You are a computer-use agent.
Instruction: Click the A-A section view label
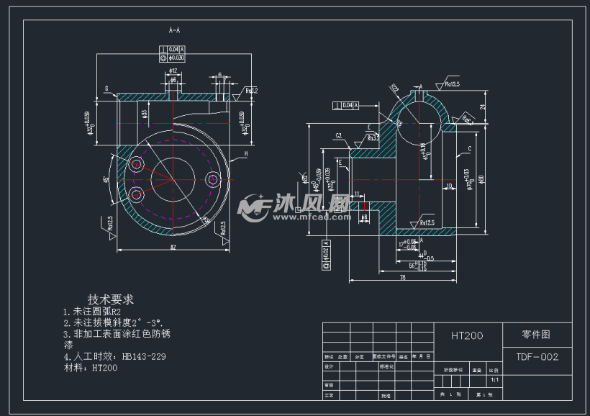[x=173, y=31]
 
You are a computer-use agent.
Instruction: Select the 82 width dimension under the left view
[x=173, y=247]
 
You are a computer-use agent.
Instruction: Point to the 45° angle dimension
[x=106, y=179]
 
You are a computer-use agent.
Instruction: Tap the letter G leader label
[x=106, y=89]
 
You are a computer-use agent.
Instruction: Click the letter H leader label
[x=245, y=153]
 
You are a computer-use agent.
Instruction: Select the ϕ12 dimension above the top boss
[x=173, y=71]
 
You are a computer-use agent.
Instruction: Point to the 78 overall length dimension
[x=402, y=276]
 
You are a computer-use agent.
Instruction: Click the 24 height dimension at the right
[x=482, y=106]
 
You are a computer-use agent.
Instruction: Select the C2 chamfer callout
[x=337, y=135]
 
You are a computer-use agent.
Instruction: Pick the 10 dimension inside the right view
[x=449, y=186]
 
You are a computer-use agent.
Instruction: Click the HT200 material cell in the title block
[x=467, y=335]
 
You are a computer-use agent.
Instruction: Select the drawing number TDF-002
[x=537, y=356]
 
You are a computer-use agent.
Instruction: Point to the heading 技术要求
[x=111, y=299]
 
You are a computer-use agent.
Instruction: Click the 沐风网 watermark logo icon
[x=253, y=207]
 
